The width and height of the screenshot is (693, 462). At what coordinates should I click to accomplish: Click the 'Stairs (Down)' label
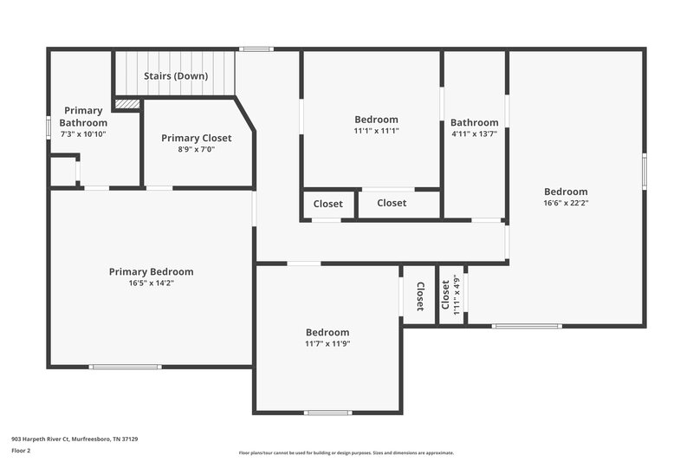click(x=176, y=76)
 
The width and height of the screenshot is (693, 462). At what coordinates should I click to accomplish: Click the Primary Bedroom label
click(x=151, y=271)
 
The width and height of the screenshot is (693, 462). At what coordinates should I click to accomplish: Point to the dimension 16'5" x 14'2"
click(x=151, y=283)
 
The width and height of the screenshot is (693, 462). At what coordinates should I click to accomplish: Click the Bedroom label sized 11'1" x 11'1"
click(x=376, y=120)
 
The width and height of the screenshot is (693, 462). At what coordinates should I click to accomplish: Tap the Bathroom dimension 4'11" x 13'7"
click(x=474, y=133)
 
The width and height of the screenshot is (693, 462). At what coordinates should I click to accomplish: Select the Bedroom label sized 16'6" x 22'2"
click(x=566, y=192)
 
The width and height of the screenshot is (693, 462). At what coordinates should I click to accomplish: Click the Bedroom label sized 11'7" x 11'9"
click(x=327, y=332)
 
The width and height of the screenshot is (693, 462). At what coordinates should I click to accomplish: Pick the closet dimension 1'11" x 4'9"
click(x=457, y=294)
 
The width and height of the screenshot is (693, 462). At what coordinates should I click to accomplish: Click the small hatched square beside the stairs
click(x=127, y=104)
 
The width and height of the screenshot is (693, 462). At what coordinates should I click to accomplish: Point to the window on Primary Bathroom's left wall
click(x=49, y=127)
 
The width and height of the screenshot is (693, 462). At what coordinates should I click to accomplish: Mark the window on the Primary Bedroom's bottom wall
click(x=126, y=367)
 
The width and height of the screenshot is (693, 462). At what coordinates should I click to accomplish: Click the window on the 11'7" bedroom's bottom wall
click(x=327, y=413)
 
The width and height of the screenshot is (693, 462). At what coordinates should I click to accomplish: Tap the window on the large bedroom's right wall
click(x=644, y=171)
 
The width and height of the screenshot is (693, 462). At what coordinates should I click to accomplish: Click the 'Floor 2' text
click(x=21, y=451)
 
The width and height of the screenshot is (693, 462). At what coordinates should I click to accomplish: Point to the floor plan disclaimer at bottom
click(x=346, y=452)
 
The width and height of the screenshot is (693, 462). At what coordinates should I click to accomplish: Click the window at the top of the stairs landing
click(x=256, y=49)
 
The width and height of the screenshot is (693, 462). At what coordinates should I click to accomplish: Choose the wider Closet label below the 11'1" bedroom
click(x=392, y=203)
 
